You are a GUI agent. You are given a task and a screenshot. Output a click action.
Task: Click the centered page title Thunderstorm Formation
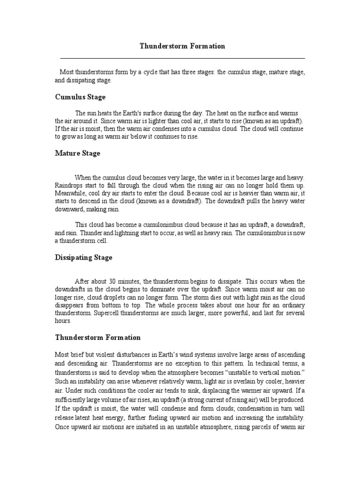tap(183, 46)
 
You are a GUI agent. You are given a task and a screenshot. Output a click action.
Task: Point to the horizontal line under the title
tap(183, 58)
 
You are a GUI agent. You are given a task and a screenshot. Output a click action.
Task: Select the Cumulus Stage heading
tap(80, 97)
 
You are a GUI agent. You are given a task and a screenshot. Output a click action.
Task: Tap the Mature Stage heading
tap(77, 153)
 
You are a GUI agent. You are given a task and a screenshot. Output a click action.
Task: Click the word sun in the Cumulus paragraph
tap(91, 113)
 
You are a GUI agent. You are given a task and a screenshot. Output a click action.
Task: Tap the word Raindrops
tap(68, 185)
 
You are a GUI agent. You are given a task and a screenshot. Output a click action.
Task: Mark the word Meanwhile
tap(70, 193)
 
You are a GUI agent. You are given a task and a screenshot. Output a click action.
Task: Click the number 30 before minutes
tap(113, 281)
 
